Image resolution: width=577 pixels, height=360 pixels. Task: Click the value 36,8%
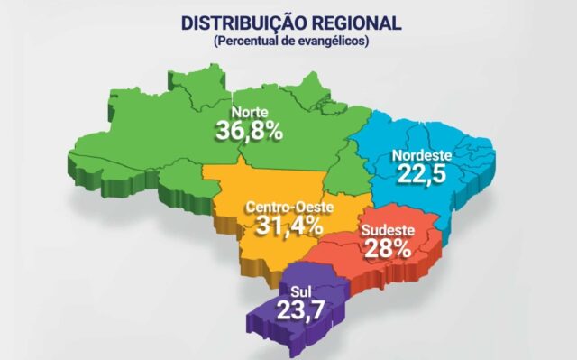click(249, 131)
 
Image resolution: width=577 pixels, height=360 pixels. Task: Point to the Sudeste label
click(388, 231)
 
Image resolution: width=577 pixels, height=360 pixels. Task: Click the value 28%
click(388, 247)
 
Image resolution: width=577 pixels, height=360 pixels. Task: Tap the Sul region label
click(302, 291)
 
